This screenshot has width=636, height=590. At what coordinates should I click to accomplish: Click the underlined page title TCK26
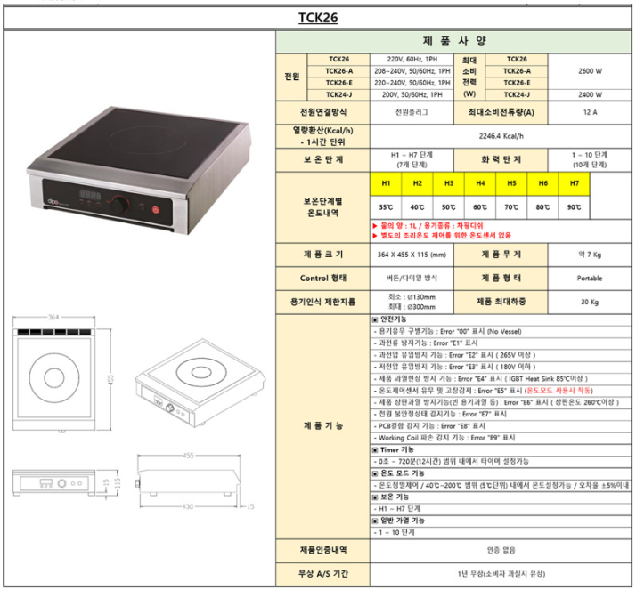(317, 16)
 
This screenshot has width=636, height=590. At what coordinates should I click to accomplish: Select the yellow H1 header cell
(386, 182)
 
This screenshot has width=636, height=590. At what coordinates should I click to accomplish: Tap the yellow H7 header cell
(574, 182)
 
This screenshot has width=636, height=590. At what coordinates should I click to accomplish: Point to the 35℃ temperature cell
(386, 206)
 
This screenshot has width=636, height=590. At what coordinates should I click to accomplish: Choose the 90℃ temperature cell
(574, 206)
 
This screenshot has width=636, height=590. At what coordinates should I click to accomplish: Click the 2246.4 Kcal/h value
(500, 137)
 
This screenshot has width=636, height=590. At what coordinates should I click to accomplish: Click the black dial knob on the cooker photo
(118, 205)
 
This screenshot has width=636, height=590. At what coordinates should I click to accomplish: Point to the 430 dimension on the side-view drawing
(189, 507)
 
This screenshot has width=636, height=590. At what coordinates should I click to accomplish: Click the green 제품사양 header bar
(454, 41)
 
